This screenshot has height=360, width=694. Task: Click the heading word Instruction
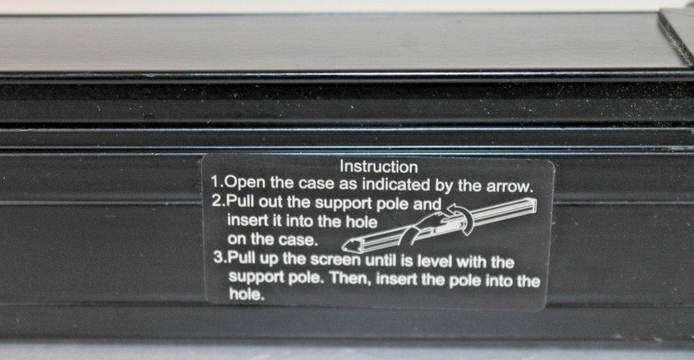pos(378,166)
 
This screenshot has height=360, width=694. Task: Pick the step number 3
pos(219,257)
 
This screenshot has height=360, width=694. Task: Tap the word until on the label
pos(381,261)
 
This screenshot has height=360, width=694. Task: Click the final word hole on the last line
pos(246,294)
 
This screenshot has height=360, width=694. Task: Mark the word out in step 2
pos(270,203)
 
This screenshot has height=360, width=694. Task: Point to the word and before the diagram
pos(427,205)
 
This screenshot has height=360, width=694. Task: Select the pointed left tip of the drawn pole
pos(344,248)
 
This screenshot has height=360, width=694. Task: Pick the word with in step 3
pos(471,262)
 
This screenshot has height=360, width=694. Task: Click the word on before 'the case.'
pos(237,239)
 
